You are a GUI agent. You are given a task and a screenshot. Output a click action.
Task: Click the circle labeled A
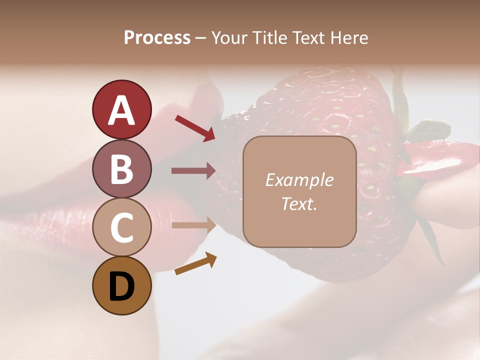121,109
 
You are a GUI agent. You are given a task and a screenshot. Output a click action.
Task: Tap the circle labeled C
121,227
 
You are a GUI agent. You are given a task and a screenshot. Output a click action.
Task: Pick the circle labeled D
121,285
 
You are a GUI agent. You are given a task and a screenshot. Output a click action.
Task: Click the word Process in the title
157,37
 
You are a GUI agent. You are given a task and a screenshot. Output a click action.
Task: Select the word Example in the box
299,180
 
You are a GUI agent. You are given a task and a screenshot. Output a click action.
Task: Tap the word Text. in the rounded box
299,203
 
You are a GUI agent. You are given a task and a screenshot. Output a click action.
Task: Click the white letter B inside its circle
121,169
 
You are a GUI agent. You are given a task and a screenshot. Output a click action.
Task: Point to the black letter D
121,286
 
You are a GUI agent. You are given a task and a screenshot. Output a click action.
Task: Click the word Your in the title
230,37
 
